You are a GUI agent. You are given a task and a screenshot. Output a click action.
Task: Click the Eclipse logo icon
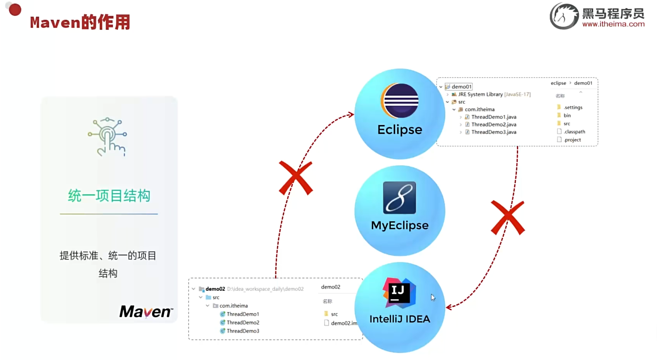tap(400, 101)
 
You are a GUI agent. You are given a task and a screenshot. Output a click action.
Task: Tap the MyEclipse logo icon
tap(399, 198)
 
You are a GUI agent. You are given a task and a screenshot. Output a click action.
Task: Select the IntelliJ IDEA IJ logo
tap(399, 293)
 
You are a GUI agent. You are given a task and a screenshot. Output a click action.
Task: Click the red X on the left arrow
tap(296, 178)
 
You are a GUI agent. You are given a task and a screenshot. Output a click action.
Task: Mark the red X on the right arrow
tap(508, 218)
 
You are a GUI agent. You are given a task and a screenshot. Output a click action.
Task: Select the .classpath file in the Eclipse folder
tap(574, 132)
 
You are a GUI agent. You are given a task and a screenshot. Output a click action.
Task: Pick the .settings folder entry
tap(573, 108)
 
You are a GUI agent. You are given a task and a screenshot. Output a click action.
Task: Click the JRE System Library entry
tap(480, 94)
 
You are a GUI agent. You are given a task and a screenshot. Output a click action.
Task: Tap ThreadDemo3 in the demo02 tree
tap(243, 331)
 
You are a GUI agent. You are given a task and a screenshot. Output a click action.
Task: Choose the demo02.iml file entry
tap(344, 323)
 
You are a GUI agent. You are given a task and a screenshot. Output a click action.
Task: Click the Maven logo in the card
tap(146, 312)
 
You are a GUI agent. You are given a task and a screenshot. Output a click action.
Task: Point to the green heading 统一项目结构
tap(109, 196)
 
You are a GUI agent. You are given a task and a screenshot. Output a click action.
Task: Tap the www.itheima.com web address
tap(613, 24)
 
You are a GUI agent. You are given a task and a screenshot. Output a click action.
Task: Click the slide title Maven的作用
tap(80, 22)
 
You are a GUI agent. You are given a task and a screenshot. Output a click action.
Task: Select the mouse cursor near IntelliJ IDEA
tap(433, 297)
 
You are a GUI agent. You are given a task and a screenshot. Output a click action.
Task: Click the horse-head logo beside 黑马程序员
tap(564, 16)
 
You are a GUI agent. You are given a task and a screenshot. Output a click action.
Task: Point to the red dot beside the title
tap(15, 10)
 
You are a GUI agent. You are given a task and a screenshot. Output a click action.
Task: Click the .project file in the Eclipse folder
tap(572, 140)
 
